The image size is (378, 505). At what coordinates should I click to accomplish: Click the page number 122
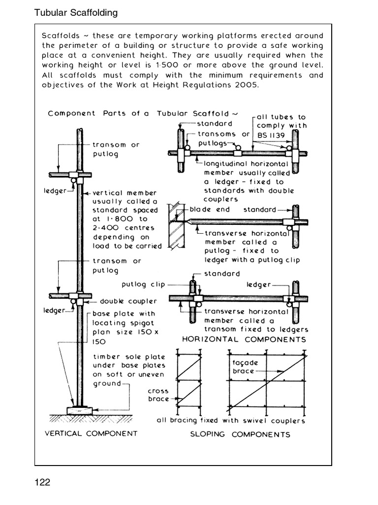point(42,482)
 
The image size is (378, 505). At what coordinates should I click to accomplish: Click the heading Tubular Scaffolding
point(76,13)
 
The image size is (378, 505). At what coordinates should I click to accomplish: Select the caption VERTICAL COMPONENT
point(91,433)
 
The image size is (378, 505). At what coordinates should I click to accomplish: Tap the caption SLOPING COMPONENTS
point(240,434)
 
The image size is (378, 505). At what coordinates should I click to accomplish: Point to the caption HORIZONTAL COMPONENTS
point(244,339)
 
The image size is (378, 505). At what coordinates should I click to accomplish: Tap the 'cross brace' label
point(158,395)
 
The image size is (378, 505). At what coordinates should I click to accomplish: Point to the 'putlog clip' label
point(143,285)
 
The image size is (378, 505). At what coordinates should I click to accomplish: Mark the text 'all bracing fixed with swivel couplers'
point(230,421)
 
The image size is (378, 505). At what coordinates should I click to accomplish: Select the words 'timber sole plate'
point(129,357)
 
